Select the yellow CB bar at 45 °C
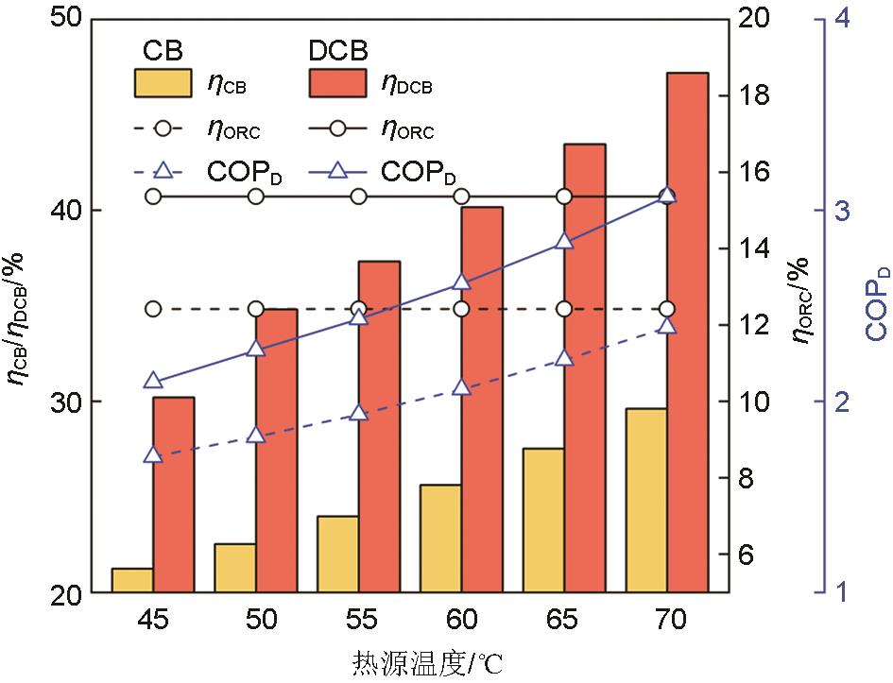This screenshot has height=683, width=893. (132, 580)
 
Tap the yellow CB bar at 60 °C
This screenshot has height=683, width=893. (440, 538)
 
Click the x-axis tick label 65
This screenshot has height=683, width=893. (564, 621)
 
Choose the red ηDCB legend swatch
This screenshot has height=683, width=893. (336, 83)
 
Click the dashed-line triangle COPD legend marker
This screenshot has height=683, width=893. (163, 172)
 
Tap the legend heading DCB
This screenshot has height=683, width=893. (337, 48)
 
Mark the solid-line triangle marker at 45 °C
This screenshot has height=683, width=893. (153, 381)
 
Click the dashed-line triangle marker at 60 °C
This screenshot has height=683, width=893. (461, 387)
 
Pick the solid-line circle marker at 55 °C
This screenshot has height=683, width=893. (359, 196)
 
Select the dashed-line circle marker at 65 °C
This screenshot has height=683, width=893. (564, 309)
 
